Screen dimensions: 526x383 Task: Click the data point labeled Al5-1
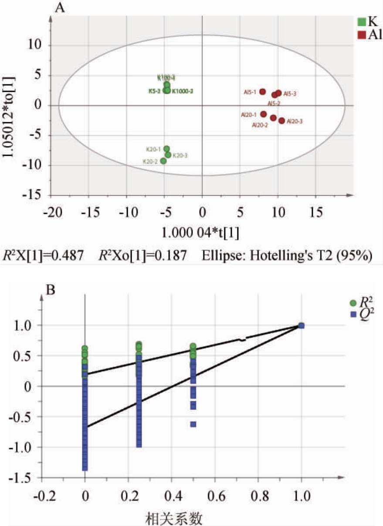click(263, 92)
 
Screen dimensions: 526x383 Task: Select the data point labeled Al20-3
click(281, 121)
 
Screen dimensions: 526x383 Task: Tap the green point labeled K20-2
click(163, 161)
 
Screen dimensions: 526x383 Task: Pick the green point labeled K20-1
click(166, 149)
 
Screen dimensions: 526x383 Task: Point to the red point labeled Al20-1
click(264, 114)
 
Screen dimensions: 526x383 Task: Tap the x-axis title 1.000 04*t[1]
click(201, 233)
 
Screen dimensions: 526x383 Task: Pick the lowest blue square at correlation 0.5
click(193, 424)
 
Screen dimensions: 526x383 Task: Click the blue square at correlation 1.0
click(301, 325)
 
